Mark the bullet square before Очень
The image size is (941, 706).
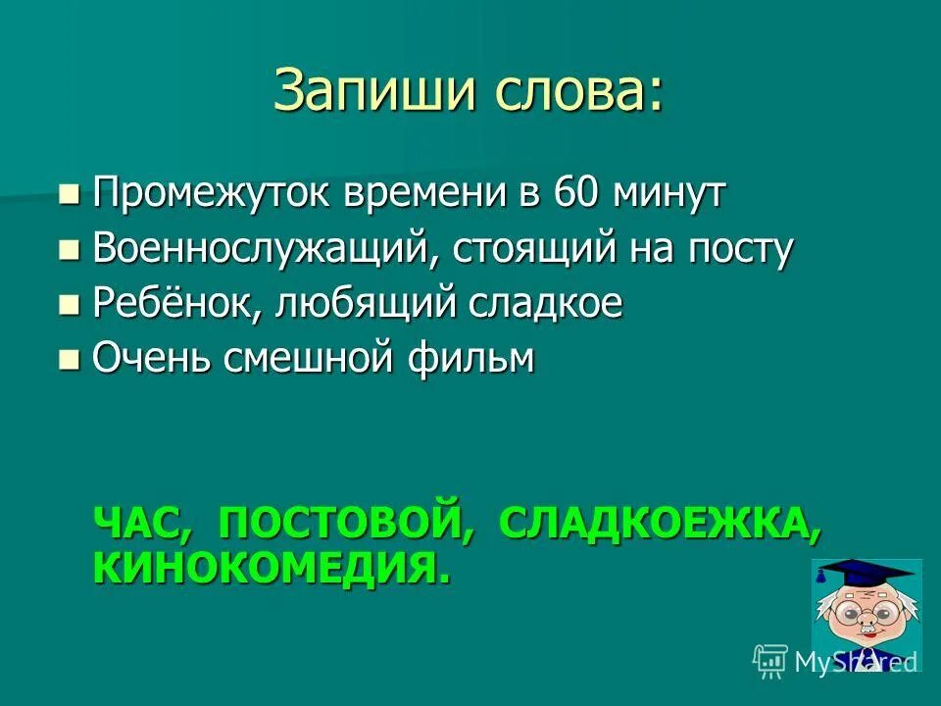pyautogui.click(x=68, y=359)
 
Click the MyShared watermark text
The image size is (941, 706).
pyautogui.click(x=853, y=661)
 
